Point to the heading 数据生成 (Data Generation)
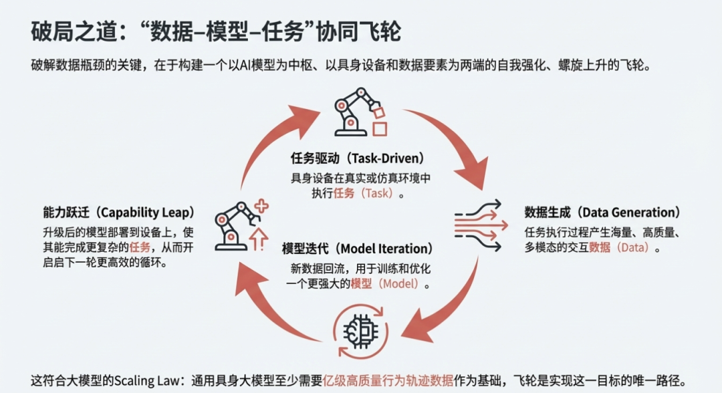point(602,213)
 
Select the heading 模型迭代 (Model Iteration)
point(358,249)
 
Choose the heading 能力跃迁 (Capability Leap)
point(117,213)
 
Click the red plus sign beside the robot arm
point(261,207)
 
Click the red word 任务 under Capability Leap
point(141,247)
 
